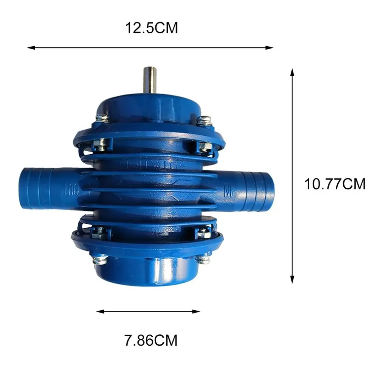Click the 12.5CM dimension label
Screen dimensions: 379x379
pyautogui.click(x=151, y=28)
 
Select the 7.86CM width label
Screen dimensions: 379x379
pyautogui.click(x=151, y=340)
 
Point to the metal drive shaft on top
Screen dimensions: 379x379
pyautogui.click(x=150, y=80)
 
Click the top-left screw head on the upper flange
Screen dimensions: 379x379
pyautogui.click(x=102, y=118)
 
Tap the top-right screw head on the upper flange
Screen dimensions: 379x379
pyautogui.click(x=204, y=120)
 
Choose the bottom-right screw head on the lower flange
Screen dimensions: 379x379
pyautogui.click(x=203, y=259)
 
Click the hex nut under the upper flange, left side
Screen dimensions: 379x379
pyautogui.click(x=101, y=144)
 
